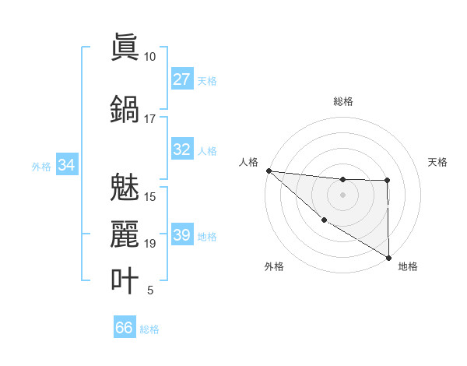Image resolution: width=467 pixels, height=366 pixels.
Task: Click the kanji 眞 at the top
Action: pos(124,46)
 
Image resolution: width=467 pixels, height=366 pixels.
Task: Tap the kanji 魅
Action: pos(124,187)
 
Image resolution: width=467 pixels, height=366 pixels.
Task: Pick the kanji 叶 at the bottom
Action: pos(124,280)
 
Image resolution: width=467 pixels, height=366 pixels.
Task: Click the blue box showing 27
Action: pos(181,79)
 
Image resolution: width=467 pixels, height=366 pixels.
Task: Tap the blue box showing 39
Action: pos(181,235)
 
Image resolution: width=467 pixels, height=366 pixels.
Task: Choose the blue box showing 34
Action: pos(66,165)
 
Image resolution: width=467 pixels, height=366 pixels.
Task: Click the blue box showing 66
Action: pos(125,328)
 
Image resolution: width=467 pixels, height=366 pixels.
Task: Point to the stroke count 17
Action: pos(149,119)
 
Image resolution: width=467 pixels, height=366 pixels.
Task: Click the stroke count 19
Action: pos(149,244)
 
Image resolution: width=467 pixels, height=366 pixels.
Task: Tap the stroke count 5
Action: pos(149,291)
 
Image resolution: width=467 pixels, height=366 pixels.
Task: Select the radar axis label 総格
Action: pos(342,101)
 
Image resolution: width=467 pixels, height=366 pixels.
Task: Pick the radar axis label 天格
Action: pos(438,162)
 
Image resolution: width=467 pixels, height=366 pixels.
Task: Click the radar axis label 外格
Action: pos(274,266)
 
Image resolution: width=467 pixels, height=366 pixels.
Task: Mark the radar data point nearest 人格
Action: pos(269,171)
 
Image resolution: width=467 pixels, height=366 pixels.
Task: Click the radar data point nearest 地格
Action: pos(388,257)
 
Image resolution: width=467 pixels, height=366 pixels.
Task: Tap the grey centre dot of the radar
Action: pos(342,195)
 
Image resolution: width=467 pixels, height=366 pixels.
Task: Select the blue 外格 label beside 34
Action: pos(40,166)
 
